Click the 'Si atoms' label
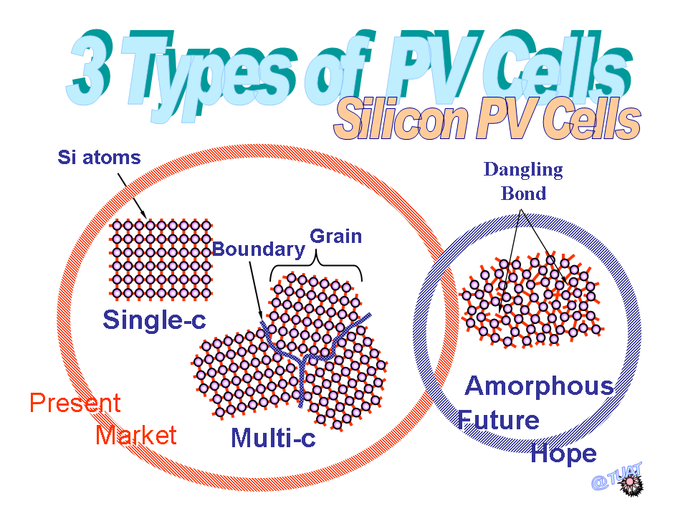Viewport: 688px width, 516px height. pos(99,158)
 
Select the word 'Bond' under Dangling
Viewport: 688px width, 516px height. pos(523,193)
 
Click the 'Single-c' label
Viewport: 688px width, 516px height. pos(154,320)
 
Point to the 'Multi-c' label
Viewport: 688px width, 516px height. pos(273,437)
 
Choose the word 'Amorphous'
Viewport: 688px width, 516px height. pos(539,386)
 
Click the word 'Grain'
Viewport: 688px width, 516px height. pos(335,236)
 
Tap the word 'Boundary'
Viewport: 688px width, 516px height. pos(259,249)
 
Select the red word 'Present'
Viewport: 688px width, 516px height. pos(75,402)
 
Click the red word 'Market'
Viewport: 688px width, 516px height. pos(136,435)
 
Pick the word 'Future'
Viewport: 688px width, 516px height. pos(499,421)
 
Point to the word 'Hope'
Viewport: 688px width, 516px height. pos(564,454)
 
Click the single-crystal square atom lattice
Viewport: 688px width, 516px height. pos(161,259)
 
